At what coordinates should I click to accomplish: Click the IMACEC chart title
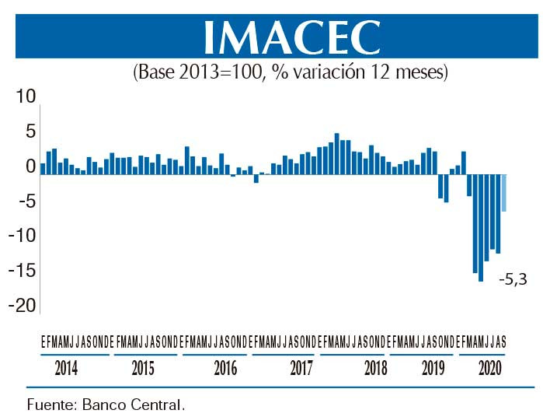coord(291,36)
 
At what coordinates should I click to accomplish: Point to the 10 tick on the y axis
coord(26,96)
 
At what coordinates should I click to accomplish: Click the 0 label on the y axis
coord(30,166)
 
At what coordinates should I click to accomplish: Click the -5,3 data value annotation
coord(513,278)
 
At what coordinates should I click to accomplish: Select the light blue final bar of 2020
coord(504,193)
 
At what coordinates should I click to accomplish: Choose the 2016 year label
coord(225,369)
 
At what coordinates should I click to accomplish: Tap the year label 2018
coord(375,369)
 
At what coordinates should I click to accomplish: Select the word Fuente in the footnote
coord(48,405)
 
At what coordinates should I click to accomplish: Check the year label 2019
coord(433,369)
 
